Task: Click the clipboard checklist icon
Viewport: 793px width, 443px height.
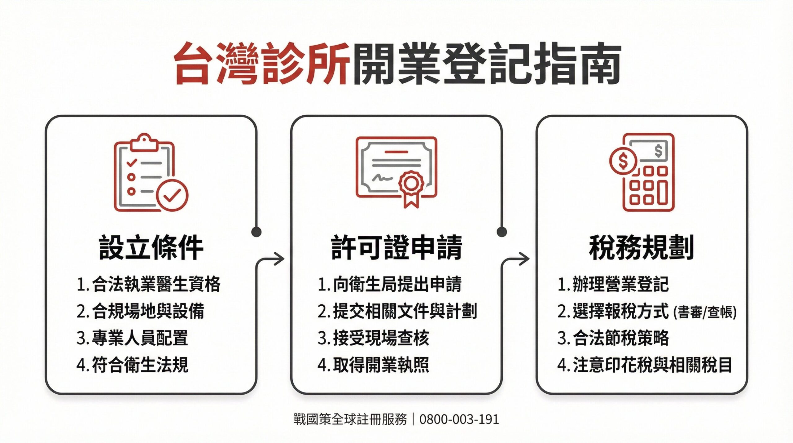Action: [151, 173]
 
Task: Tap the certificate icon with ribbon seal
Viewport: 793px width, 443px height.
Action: [396, 171]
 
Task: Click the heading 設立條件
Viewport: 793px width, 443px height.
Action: [151, 247]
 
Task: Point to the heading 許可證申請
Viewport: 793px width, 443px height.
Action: [397, 247]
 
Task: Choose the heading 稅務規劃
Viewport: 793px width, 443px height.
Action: [641, 247]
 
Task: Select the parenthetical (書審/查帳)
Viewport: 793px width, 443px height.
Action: [705, 312]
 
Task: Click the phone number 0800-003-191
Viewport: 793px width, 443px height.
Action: [459, 419]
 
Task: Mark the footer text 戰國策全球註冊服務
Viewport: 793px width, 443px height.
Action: [350, 419]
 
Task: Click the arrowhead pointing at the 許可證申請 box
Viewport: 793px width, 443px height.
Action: [279, 259]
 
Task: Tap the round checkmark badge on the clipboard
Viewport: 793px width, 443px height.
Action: [172, 195]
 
